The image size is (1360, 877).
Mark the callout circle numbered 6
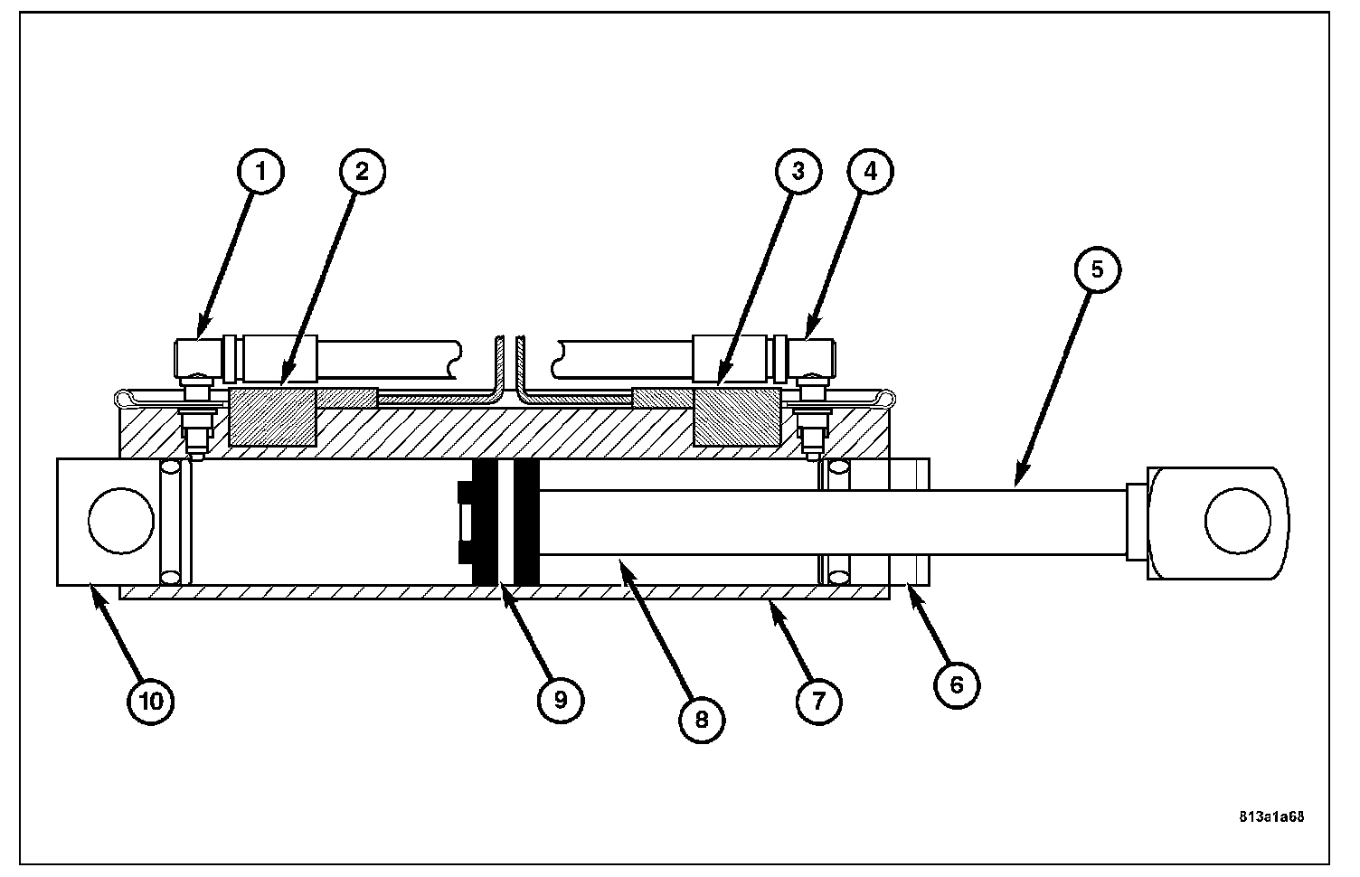pos(957,684)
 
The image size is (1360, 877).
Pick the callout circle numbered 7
pos(818,701)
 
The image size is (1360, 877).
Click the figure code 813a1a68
pos(1271,816)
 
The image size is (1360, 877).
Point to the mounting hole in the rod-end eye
pos(1238,522)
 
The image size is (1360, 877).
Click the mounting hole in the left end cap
pos(121,522)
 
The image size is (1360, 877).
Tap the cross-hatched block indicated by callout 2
pos(272,417)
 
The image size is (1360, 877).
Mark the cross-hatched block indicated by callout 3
pos(735,417)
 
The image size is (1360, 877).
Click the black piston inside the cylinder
pos(505,522)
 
